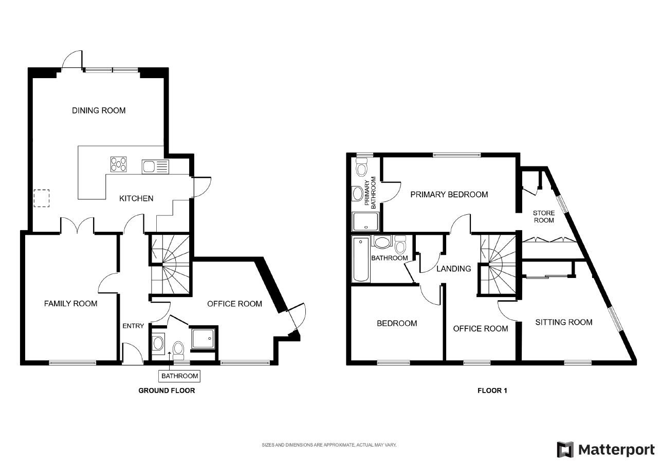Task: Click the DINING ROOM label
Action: (x=99, y=110)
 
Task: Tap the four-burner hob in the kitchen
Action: (x=119, y=164)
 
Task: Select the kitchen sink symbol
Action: (x=155, y=166)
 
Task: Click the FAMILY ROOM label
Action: (x=70, y=304)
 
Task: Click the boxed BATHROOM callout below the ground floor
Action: (x=180, y=376)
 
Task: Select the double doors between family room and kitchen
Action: (x=78, y=226)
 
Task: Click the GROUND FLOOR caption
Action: (x=167, y=391)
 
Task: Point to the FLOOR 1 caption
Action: (x=492, y=391)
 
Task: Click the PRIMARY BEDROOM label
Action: (x=449, y=194)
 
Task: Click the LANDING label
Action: (x=453, y=268)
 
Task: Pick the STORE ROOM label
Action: (x=543, y=216)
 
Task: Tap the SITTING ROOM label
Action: (x=563, y=322)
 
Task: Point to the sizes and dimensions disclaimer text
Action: (x=329, y=445)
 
